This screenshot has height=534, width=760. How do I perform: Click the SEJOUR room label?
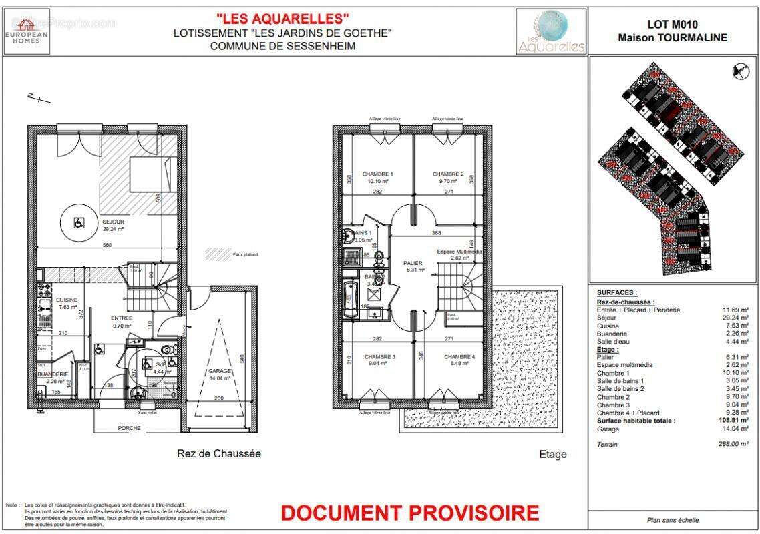[x=113, y=222]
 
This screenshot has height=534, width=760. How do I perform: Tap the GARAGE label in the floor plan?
[x=220, y=371]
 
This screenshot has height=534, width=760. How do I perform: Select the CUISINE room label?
[x=67, y=300]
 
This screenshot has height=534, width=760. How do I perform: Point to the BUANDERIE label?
[x=52, y=374]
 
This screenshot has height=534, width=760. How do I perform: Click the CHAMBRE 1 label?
[x=377, y=174]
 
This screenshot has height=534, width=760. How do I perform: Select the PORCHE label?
[x=129, y=428]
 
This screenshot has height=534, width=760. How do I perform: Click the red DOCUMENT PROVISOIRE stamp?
[x=409, y=513]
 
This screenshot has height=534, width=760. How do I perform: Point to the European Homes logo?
[x=27, y=31]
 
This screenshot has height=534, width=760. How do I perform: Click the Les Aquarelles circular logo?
[x=552, y=31]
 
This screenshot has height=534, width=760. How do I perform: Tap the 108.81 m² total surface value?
[x=729, y=421]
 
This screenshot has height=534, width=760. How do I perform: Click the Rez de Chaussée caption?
[x=218, y=453]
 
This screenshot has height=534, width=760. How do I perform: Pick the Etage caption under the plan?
[x=552, y=454]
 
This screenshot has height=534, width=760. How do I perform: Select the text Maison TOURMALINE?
[x=672, y=38]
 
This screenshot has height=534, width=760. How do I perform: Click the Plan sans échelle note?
[x=673, y=520]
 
